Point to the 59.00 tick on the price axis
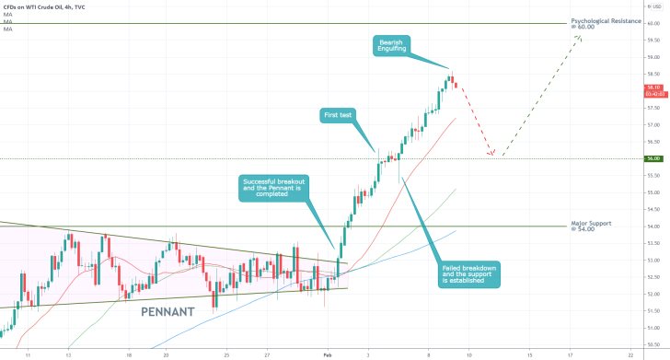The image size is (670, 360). click(x=653, y=57)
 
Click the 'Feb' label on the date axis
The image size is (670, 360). click(x=329, y=354)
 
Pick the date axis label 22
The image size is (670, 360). click(x=630, y=354)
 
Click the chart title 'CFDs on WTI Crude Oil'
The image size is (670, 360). click(x=41, y=6)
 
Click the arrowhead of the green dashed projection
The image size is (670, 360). click(x=582, y=39)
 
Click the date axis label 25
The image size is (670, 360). click(x=225, y=354)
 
